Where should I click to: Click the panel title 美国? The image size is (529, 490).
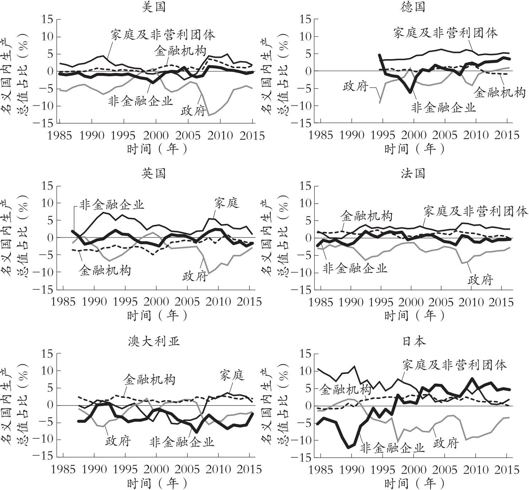coord(154,7)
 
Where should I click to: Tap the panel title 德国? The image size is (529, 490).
coord(414,7)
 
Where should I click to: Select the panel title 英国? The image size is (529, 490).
coord(154,173)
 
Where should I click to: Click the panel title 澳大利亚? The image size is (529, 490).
coord(154,341)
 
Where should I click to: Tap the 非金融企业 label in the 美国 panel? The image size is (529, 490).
coord(141,101)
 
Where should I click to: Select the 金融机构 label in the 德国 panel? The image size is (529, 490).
coord(499,93)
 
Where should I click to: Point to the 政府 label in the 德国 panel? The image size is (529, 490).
coord(355,86)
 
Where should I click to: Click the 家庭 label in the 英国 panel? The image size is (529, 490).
coord(227,203)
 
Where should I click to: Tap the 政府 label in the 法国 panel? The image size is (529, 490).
coord(481,280)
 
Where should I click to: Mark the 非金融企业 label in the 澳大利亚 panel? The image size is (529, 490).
coord(182,442)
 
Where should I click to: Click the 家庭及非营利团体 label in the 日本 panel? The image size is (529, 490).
coord(454,365)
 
